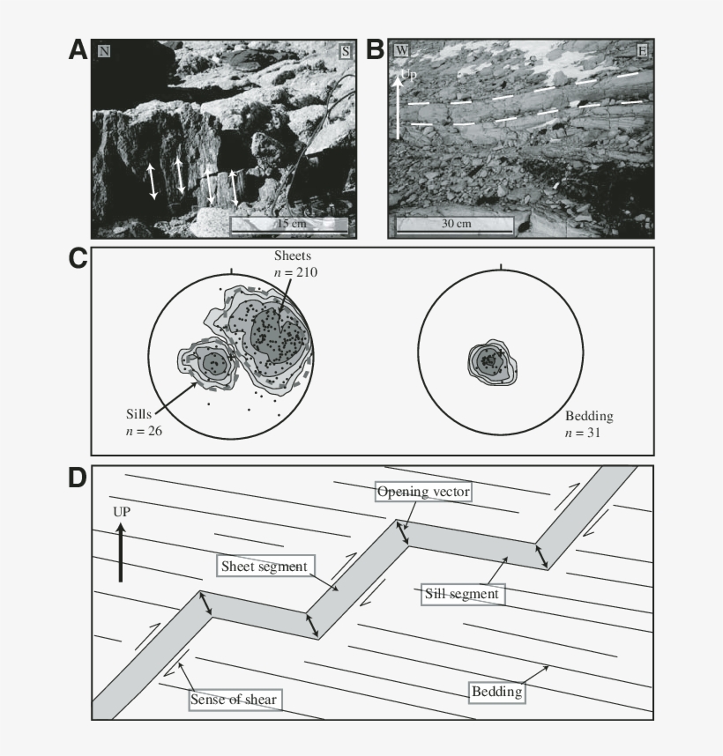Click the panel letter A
(78, 50)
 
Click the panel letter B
(375, 50)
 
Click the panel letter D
(78, 478)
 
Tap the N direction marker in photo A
(104, 51)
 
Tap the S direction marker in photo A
(345, 51)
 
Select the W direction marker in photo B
(400, 51)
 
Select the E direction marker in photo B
(642, 51)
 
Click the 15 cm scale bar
(289, 225)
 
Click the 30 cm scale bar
(454, 225)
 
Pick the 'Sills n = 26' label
(143, 422)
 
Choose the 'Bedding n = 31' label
(588, 422)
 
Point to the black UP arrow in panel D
(122, 552)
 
